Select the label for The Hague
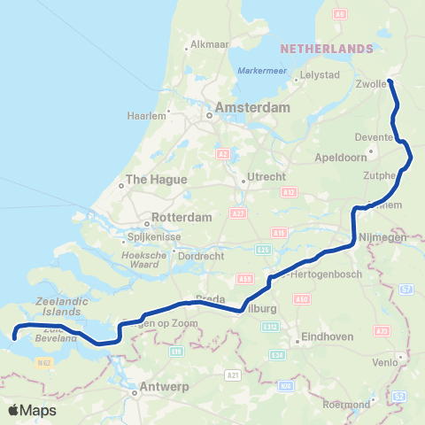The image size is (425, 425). tap(156, 179)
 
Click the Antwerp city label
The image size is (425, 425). tap(165, 388)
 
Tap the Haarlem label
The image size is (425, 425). tap(146, 115)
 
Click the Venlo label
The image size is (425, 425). tap(384, 361)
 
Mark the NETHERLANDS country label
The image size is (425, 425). tap(327, 47)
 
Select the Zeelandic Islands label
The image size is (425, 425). tap(61, 306)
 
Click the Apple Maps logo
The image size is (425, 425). tap(32, 410)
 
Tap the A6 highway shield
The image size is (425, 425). tap(341, 15)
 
